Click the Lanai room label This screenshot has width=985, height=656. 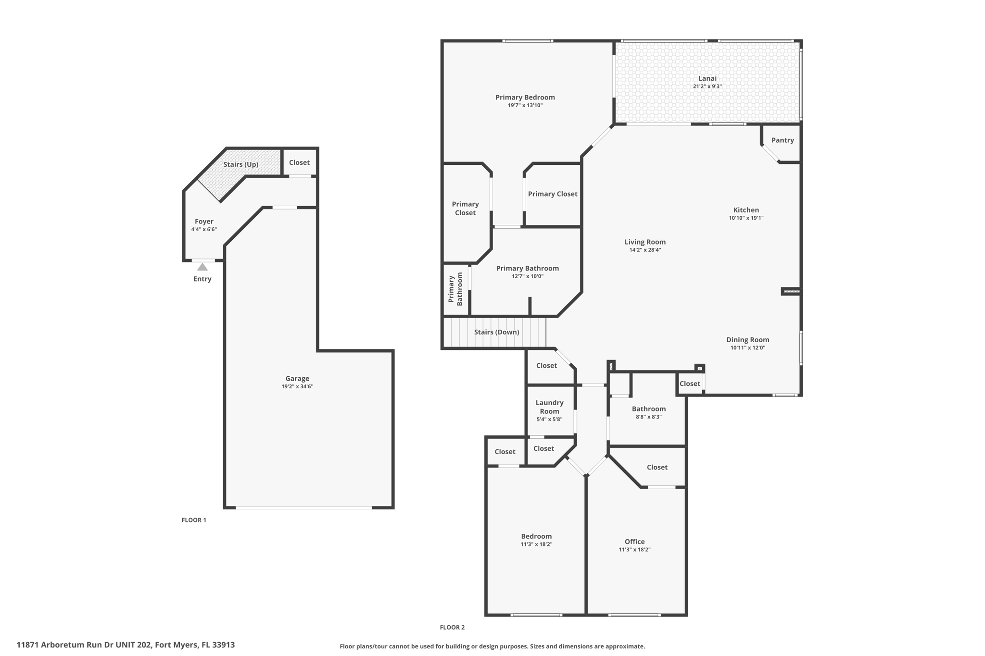(707, 78)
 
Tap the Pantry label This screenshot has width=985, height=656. (783, 140)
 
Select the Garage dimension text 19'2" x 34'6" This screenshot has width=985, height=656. (297, 386)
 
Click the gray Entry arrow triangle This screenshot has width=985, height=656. (202, 267)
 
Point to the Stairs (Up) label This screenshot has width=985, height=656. (241, 164)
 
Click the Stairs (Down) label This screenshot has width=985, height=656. (496, 332)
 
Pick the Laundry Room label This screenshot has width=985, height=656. (549, 407)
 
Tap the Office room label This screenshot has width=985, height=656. (634, 542)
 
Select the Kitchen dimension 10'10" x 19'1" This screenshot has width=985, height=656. (746, 218)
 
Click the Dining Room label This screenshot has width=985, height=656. (747, 340)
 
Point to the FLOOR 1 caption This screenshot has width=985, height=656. (194, 520)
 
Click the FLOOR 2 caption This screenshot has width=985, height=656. (452, 627)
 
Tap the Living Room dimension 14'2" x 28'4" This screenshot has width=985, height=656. (645, 250)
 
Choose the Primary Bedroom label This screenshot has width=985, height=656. (525, 98)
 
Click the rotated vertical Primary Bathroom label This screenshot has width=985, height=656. (455, 289)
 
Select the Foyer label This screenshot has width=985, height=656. (204, 222)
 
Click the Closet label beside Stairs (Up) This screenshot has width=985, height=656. (299, 162)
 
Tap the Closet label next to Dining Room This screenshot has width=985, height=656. (690, 384)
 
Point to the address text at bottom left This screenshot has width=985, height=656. (126, 645)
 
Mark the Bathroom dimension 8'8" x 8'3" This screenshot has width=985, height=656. (648, 417)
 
